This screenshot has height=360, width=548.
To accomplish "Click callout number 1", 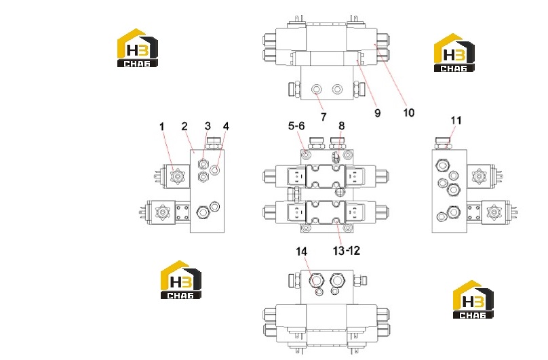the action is (x=161, y=127).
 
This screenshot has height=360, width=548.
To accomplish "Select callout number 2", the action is (x=184, y=126).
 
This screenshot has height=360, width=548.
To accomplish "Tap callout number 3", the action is (x=208, y=126).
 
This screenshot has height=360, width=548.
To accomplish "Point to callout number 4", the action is (x=226, y=126).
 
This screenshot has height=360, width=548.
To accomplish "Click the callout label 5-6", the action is (x=296, y=126).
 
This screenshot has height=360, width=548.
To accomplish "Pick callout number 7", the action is (x=324, y=117).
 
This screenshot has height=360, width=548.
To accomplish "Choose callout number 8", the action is (x=341, y=126).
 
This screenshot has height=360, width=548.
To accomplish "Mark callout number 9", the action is (x=378, y=113).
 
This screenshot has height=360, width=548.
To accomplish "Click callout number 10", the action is (x=408, y=113).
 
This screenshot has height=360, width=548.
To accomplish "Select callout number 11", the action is (x=456, y=120).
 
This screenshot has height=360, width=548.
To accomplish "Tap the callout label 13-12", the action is (x=347, y=251).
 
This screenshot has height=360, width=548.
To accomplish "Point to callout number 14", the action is (x=302, y=252).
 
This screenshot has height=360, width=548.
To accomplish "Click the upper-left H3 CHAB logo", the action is (x=138, y=48).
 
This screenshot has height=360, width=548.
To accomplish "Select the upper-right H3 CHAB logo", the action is (x=454, y=53).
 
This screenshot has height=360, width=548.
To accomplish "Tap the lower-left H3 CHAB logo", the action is (x=181, y=279).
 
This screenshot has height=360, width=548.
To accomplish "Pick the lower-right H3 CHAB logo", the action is (x=473, y=299).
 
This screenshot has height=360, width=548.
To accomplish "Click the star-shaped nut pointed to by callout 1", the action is (x=177, y=176).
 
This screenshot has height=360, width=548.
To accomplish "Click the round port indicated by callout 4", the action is (x=215, y=170).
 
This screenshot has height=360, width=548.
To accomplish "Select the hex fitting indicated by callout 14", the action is (x=316, y=280).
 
